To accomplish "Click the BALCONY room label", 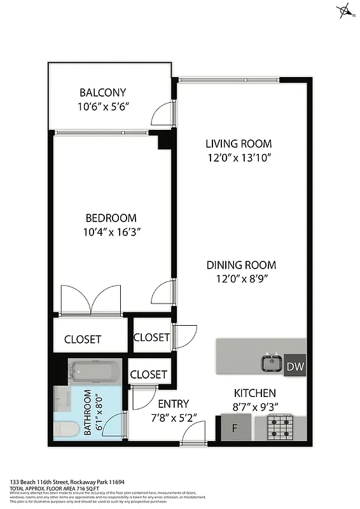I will click(103, 92).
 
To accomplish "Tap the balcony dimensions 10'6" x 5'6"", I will click(103, 107).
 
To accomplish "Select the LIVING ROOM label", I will click(239, 144).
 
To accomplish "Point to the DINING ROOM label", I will click(240, 265).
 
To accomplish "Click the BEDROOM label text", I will click(112, 218).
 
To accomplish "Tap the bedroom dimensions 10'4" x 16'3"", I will click(112, 232).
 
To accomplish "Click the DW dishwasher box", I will click(294, 366).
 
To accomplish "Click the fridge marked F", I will click(235, 428).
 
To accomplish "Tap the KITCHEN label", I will click(255, 393).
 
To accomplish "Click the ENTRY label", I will click(173, 403).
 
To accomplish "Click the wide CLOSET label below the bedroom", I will click(83, 339).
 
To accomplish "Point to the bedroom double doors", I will click(90, 299).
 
